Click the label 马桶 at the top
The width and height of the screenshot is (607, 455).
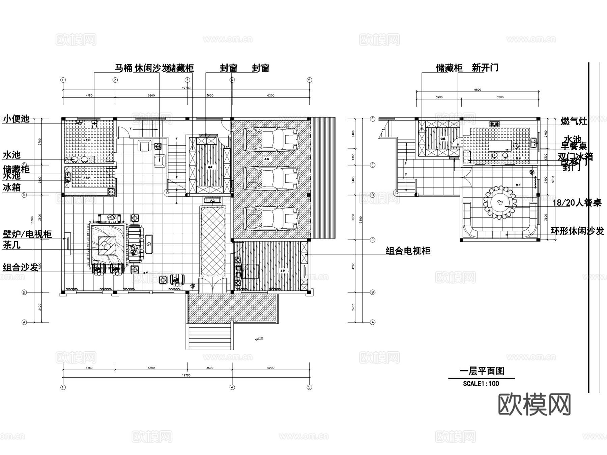(123, 68)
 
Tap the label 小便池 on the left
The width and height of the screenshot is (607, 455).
(16, 119)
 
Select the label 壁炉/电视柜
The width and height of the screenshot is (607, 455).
(27, 234)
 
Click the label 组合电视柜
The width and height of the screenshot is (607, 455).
(408, 251)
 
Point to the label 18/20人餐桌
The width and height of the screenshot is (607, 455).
(577, 203)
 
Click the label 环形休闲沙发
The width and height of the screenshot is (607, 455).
(577, 231)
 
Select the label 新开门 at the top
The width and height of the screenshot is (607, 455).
(485, 68)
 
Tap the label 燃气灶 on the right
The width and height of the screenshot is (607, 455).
(574, 121)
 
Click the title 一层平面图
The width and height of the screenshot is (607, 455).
(482, 371)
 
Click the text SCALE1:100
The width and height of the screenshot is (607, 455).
(481, 384)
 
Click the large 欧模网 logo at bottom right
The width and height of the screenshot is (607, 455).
(534, 405)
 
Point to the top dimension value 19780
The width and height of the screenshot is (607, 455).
(186, 88)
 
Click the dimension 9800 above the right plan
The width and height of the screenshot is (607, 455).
(477, 90)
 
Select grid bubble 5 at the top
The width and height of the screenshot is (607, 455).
(309, 80)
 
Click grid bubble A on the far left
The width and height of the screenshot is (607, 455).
(24, 322)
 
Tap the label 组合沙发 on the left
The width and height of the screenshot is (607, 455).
(21, 268)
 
